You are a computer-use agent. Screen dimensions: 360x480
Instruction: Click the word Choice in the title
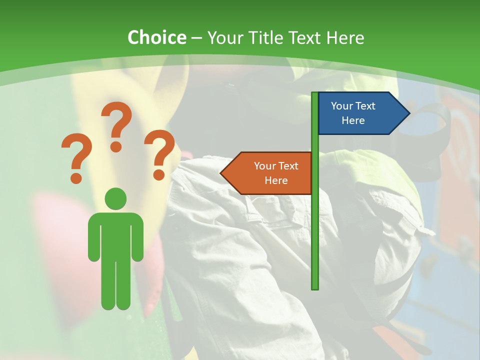[156, 37]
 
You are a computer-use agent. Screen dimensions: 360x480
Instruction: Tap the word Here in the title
[345, 37]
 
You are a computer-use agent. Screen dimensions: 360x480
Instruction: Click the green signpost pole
[315, 225]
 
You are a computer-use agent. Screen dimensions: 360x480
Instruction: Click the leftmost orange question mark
[76, 157]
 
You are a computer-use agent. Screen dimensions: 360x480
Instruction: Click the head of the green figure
[115, 198]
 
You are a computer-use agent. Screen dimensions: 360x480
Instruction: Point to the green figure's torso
[115, 235]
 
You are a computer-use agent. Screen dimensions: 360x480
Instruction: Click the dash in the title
[197, 38]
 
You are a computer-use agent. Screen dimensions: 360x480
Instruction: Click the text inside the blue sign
[353, 113]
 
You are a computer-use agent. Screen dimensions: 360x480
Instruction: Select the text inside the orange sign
[276, 173]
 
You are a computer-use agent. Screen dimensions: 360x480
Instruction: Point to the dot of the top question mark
[116, 146]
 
